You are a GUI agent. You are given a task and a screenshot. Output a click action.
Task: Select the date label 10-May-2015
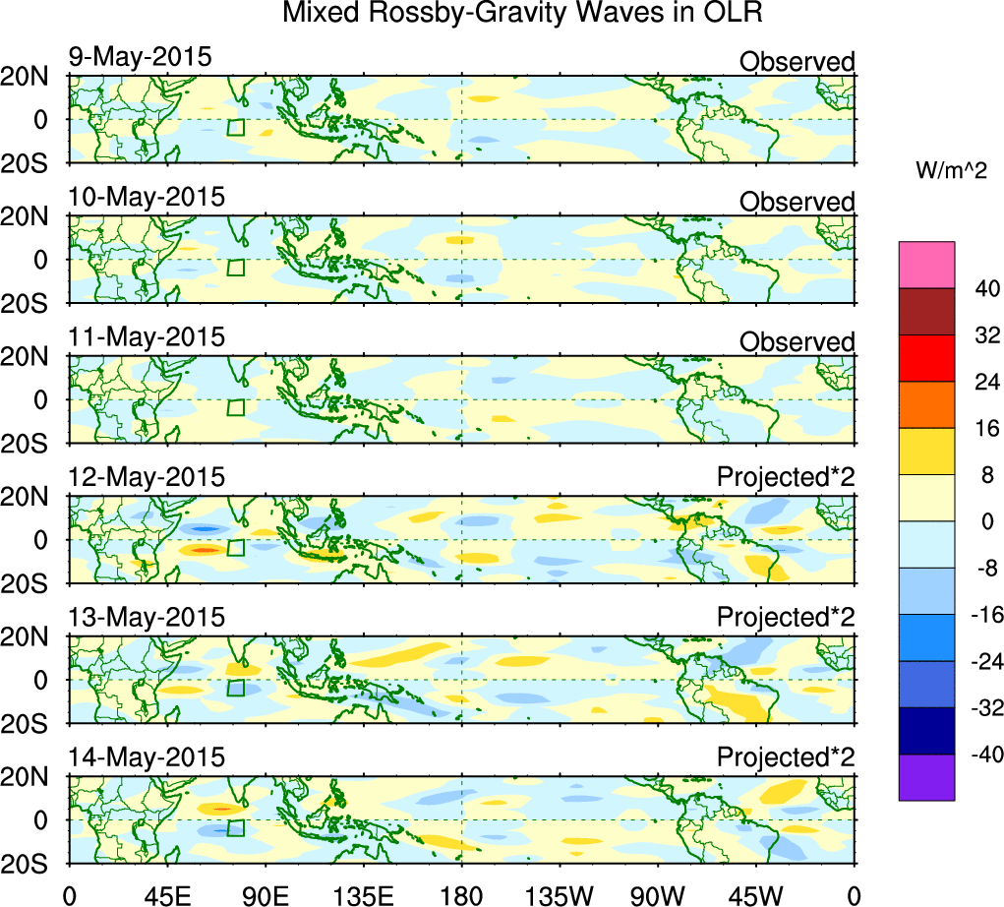tap(146, 197)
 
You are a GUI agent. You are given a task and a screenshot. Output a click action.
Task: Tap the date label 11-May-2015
tap(146, 337)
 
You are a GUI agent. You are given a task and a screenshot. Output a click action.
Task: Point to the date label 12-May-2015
tap(146, 477)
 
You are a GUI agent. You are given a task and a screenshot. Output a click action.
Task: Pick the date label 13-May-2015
tap(146, 618)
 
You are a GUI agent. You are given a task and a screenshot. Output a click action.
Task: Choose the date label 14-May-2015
tap(146, 757)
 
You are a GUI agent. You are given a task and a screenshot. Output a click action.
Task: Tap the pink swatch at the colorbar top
tap(926, 265)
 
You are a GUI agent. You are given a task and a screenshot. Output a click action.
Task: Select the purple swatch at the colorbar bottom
tap(926, 777)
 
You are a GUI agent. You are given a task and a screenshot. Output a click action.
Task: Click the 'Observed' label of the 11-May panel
tap(797, 342)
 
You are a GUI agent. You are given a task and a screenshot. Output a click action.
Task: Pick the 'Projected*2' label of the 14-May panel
tap(786, 758)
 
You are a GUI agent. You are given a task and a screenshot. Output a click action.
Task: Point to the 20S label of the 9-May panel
tap(33, 162)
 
